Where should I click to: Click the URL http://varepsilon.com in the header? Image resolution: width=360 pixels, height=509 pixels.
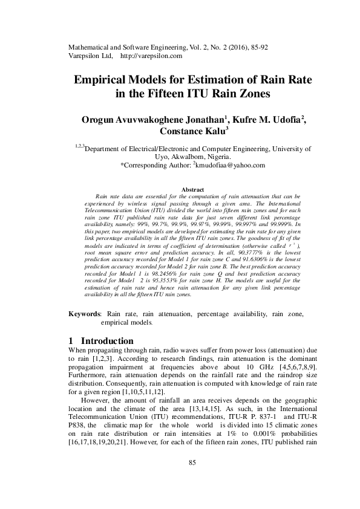click(152, 56)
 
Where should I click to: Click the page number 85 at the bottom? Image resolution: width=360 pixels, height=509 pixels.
click(193, 480)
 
